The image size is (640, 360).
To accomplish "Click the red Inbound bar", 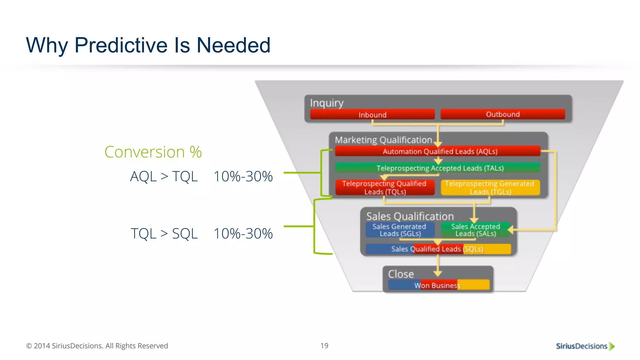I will tap(372, 114).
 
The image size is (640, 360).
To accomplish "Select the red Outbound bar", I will tap(502, 114).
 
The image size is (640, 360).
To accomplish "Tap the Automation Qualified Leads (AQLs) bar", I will tap(437, 151).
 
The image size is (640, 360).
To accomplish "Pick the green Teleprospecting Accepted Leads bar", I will tap(437, 168).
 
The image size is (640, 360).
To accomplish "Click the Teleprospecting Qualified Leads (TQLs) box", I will tap(385, 187).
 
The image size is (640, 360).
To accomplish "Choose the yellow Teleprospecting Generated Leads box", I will tap(490, 187).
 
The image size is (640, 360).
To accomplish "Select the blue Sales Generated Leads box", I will tap(400, 230).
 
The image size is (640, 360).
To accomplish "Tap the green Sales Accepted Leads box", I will tap(475, 230).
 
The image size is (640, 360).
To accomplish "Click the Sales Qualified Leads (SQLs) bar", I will tap(437, 249).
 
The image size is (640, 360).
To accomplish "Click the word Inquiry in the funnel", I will tap(327, 103).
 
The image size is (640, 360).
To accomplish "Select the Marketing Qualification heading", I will tap(383, 140).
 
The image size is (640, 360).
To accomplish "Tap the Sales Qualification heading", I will tap(410, 216).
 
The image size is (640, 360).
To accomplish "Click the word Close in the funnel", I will tap(401, 274).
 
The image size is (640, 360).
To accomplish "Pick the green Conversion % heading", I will tap(153, 152).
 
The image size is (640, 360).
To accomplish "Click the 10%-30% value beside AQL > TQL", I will tap(243, 176).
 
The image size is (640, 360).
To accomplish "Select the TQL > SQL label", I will tap(164, 233).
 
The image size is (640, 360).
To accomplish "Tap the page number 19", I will tap(324, 346).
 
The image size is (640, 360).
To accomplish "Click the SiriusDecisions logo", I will tap(585, 346).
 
